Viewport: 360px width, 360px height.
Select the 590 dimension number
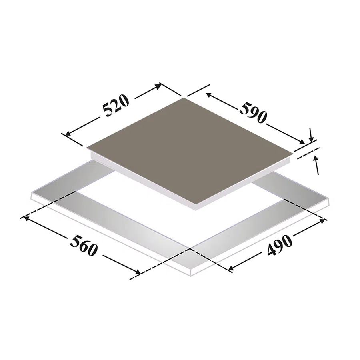click(x=253, y=112)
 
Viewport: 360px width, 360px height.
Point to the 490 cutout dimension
click(x=280, y=245)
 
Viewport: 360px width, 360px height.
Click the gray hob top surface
click(x=190, y=152)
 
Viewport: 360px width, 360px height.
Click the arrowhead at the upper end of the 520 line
click(x=158, y=86)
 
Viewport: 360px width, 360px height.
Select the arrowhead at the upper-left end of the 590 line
click(x=208, y=94)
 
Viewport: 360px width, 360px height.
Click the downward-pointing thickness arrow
click(x=311, y=135)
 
